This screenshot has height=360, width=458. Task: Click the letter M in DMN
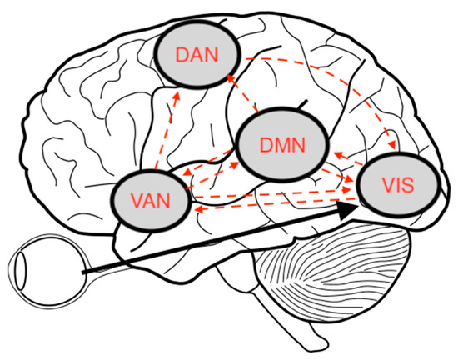pyautogui.click(x=279, y=147)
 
